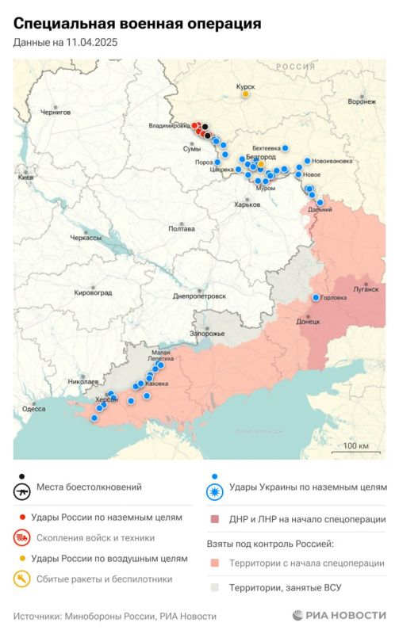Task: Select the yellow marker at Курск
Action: [x=246, y=94]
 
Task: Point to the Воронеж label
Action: [x=361, y=101]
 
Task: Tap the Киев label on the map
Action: [x=25, y=178]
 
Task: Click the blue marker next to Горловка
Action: [x=316, y=297]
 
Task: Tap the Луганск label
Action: [x=366, y=290]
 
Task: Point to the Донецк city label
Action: [x=308, y=322]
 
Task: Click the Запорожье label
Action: [x=209, y=333]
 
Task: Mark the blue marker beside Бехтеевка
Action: [x=286, y=148]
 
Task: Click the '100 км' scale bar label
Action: [x=357, y=446]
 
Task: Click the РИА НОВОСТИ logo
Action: [x=339, y=616]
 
